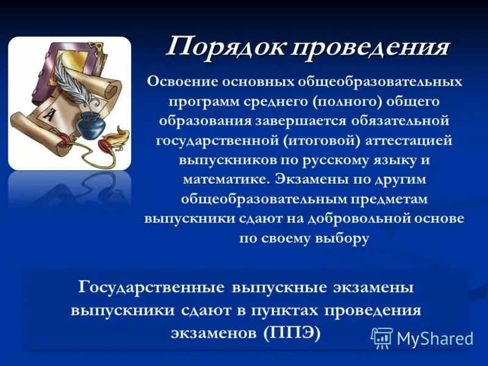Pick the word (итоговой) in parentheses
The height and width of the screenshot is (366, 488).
point(322,140)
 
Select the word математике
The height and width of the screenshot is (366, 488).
point(225,180)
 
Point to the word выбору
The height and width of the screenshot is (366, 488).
point(342,239)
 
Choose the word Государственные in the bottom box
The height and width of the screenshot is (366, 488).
point(149,287)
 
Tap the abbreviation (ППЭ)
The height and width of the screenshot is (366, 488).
point(292,334)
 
